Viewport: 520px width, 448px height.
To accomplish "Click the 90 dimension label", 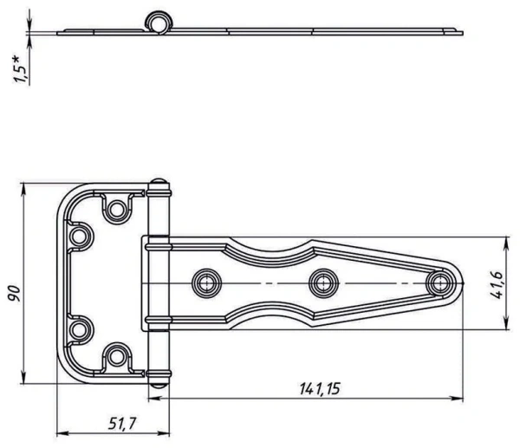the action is pos(15,293).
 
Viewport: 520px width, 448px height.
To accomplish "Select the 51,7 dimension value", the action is pos(122,424).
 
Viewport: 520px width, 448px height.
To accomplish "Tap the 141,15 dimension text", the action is pos(320,389).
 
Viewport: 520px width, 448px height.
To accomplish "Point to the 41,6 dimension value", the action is pos(496,284).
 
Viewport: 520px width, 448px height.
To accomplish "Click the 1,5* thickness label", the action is pos(19,69).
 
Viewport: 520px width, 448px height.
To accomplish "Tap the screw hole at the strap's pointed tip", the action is pos(439,283).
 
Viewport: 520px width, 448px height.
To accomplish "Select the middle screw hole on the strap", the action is pos(323,283).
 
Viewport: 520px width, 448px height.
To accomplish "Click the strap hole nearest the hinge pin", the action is pos(206,283).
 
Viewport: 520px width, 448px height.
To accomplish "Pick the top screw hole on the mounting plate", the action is pos(116,210).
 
